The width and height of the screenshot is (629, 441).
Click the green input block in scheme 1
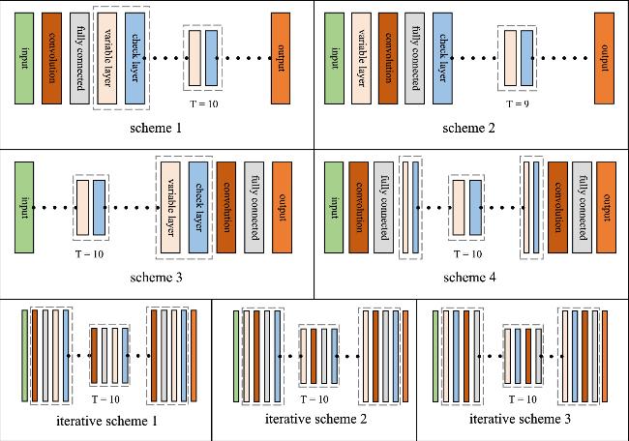click(x=25, y=59)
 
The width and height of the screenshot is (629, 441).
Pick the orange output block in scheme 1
click(x=283, y=59)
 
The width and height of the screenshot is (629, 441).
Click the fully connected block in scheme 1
click(x=79, y=59)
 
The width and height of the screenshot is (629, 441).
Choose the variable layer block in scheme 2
click(x=363, y=59)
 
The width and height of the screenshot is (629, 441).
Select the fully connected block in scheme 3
click(x=254, y=207)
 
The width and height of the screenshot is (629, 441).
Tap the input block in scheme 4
click(x=334, y=207)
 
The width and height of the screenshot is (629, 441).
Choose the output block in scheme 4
click(x=607, y=207)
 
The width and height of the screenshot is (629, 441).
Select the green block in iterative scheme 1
click(x=25, y=354)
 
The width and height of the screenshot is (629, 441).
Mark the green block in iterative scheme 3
click(x=434, y=354)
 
